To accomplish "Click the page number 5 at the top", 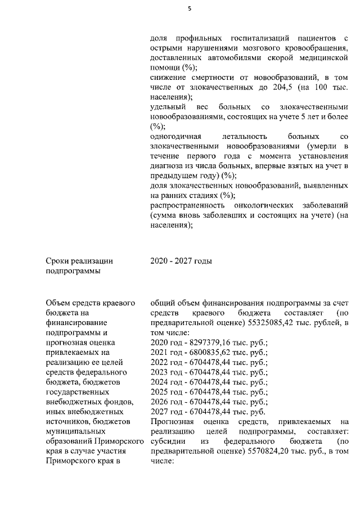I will click(190, 8).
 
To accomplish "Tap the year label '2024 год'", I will click(165, 382).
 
